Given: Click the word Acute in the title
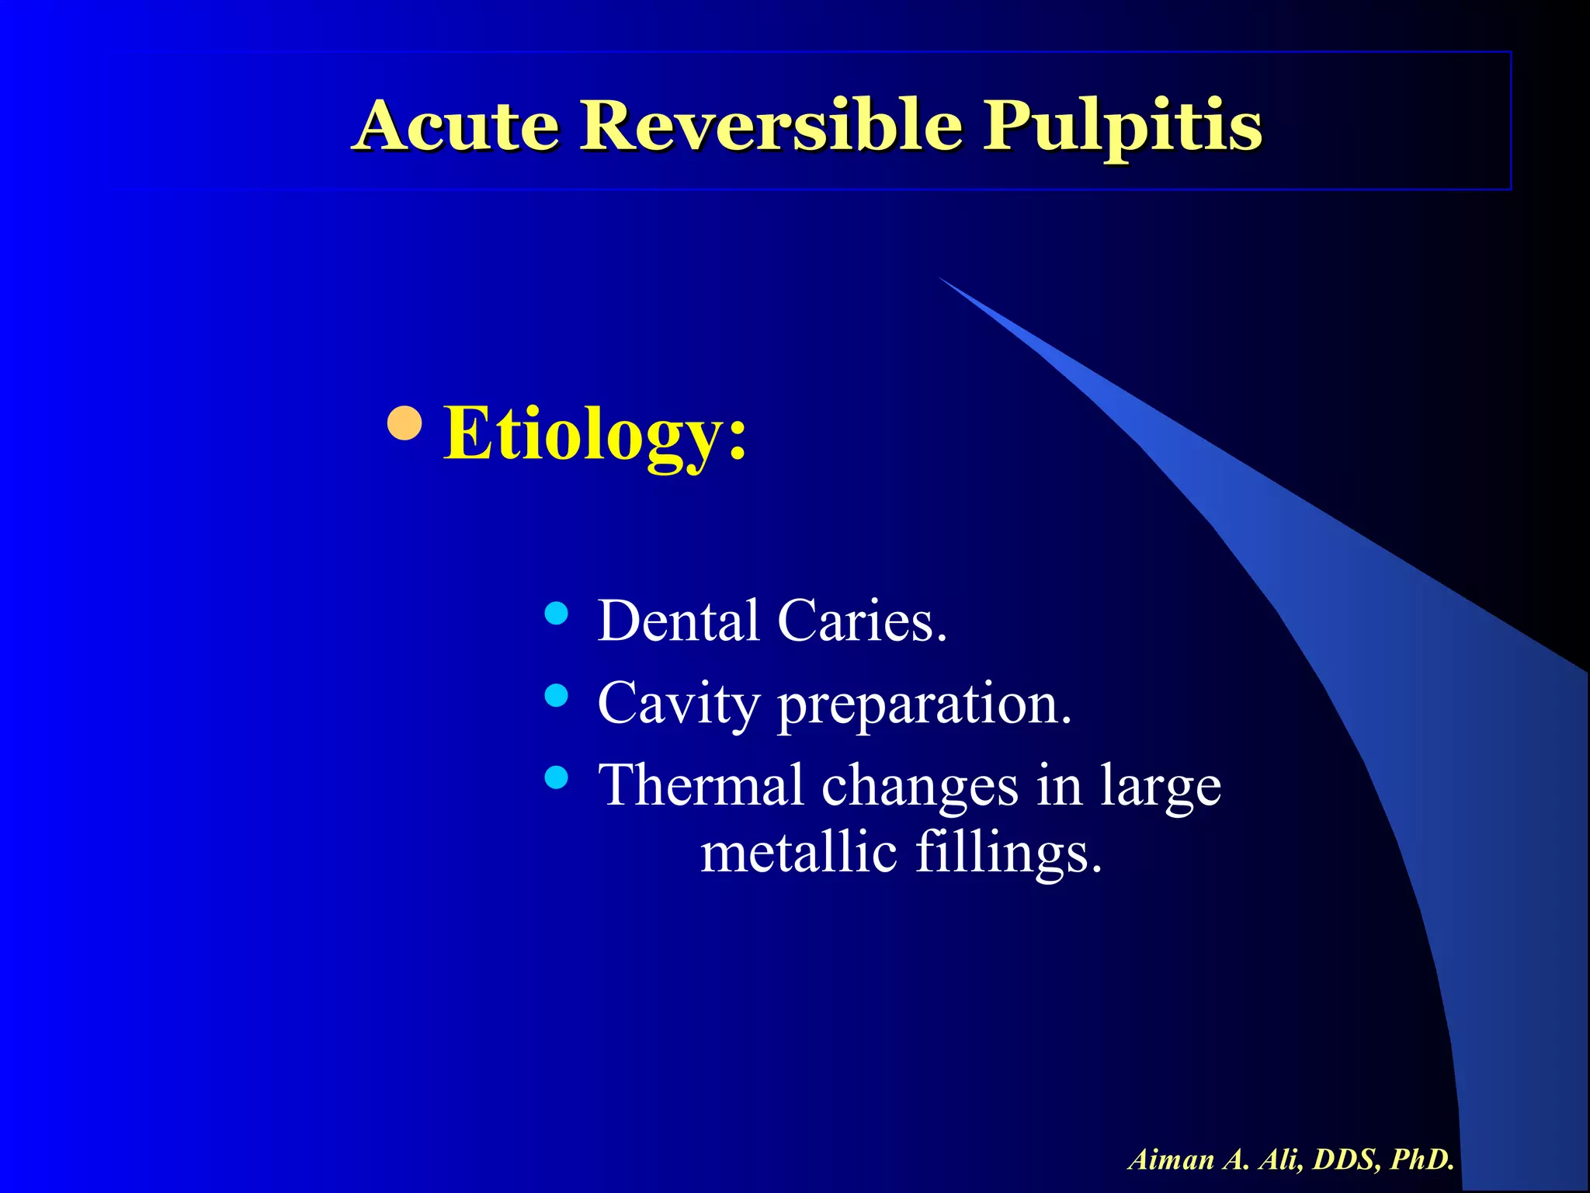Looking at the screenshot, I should (457, 126).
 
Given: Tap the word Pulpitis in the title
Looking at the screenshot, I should (1123, 126).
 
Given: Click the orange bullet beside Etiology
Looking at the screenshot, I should (404, 423).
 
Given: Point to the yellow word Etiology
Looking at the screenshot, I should (595, 435).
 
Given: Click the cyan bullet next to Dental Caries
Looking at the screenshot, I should (556, 614).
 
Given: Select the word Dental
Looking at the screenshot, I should (678, 621).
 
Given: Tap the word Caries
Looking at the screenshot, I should (862, 621).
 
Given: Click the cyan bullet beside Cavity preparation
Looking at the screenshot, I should (556, 695).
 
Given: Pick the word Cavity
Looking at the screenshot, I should (678, 704).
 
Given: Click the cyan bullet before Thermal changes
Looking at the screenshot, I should (556, 777).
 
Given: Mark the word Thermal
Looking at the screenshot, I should (701, 784).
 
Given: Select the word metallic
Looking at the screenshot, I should (799, 852).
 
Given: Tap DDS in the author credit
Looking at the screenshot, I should (1346, 1160).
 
